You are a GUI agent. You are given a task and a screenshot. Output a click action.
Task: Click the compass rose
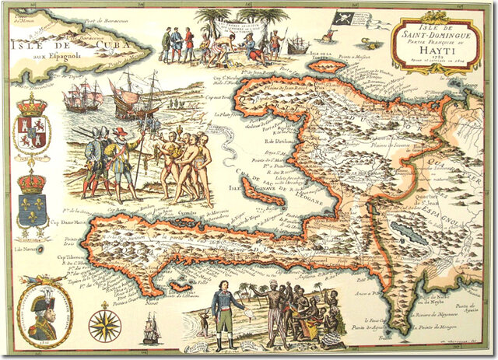[104, 325]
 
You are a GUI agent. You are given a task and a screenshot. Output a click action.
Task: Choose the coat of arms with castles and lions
[32, 128]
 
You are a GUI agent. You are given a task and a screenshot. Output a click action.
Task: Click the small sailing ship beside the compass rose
[150, 328]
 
